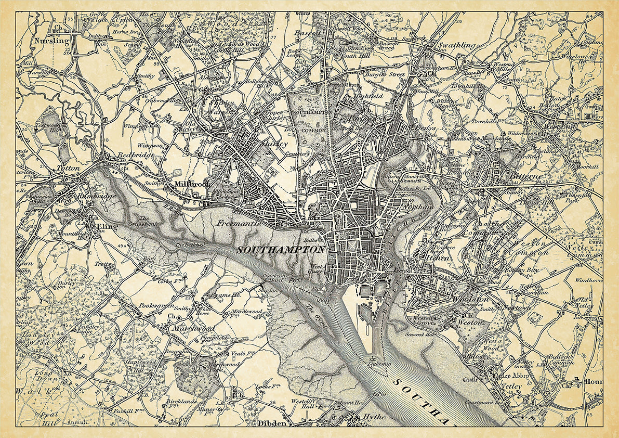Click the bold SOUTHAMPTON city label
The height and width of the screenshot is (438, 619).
click(281, 250)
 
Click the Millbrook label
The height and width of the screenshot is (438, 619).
click(188, 184)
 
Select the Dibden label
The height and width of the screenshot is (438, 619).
click(272, 423)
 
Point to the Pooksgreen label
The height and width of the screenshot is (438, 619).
click(155, 306)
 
